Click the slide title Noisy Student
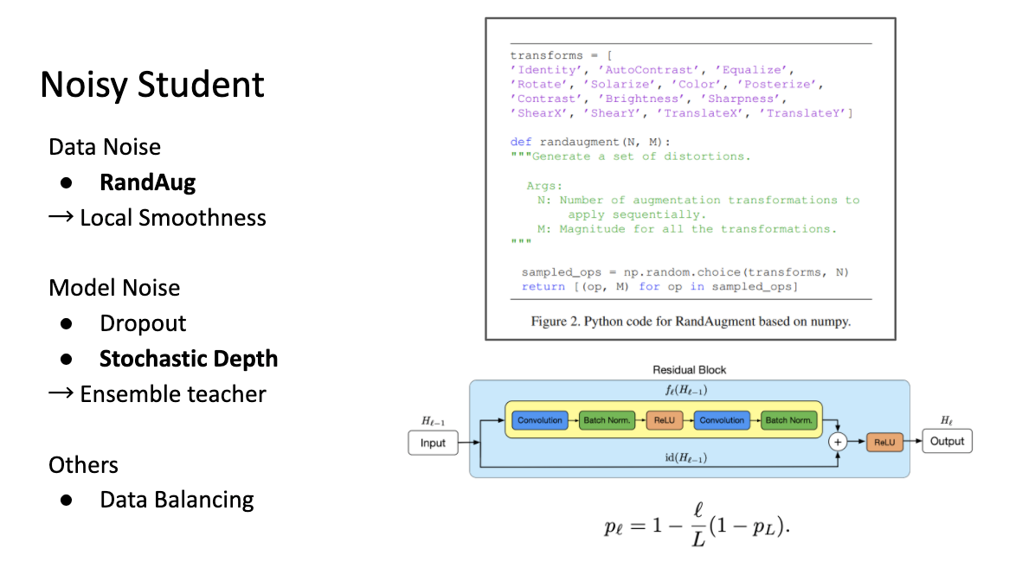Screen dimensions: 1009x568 [151, 85]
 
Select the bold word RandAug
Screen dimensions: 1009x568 [147, 182]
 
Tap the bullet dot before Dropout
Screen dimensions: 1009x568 [67, 323]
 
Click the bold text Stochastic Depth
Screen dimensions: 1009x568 [189, 359]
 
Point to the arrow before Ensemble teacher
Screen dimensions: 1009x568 [61, 392]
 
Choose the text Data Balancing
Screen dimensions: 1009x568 [177, 500]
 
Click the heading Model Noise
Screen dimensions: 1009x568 [114, 287]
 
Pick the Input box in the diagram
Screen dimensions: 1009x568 [433, 443]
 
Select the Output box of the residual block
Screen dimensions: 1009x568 [948, 442]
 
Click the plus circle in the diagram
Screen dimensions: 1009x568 [838, 442]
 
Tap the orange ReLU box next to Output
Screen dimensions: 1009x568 [884, 442]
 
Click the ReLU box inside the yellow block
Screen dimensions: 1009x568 [664, 420]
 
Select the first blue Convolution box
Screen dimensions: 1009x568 [540, 420]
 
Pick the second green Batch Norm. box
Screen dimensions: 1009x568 [788, 420]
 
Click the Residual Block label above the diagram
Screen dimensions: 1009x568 [689, 370]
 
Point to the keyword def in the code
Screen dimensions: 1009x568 [521, 142]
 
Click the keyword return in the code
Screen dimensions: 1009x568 [543, 286]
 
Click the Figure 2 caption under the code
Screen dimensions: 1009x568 [691, 322]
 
